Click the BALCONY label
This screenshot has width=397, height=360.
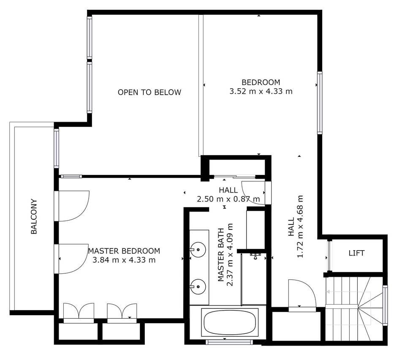[x=34, y=216]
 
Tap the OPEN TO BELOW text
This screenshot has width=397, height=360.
[x=149, y=92]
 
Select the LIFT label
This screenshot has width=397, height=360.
[x=356, y=253]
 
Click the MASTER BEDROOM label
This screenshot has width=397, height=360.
[x=124, y=251]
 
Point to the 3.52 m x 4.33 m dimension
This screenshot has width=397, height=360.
[x=261, y=91]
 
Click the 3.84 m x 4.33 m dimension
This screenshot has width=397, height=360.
[x=124, y=260]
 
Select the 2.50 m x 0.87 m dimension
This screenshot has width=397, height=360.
[x=228, y=199]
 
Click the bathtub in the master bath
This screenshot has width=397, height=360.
[x=230, y=322]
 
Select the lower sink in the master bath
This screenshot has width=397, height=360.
[x=197, y=287]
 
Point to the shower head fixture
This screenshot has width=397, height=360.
[x=255, y=255]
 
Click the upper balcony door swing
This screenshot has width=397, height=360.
[x=73, y=206]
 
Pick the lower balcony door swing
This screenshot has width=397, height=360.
[x=73, y=259]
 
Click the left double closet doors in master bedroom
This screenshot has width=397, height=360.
[x=79, y=311]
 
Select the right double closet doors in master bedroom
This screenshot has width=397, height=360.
[x=122, y=311]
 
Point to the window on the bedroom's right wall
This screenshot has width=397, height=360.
[x=320, y=103]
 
